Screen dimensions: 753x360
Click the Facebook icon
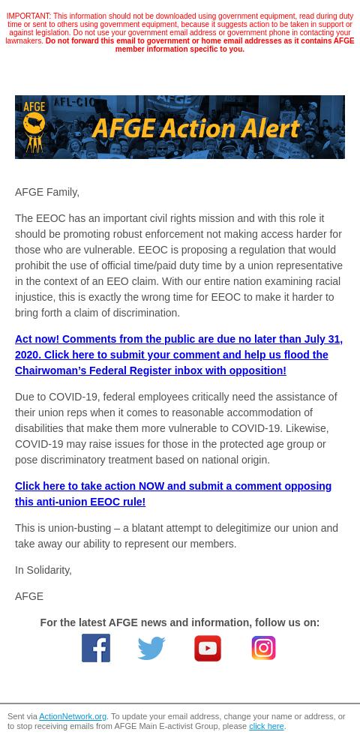click(x=96, y=648)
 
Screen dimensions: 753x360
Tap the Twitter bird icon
click(x=151, y=648)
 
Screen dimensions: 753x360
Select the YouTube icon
click(x=208, y=648)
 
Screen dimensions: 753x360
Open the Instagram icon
click(x=263, y=648)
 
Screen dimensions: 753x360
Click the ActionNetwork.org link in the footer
click(x=73, y=717)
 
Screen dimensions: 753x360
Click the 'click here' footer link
click(x=266, y=727)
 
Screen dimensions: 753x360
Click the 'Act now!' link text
click(x=37, y=339)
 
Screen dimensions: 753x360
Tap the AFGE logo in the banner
click(x=34, y=126)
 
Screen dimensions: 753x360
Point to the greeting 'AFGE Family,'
click(x=47, y=193)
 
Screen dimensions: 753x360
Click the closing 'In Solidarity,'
click(x=43, y=571)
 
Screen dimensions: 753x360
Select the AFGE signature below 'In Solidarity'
click(x=29, y=597)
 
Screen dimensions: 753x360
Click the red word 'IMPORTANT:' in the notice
click(x=28, y=16)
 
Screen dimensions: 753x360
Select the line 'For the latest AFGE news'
click(x=179, y=622)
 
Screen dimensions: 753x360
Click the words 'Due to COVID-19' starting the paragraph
click(x=56, y=397)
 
